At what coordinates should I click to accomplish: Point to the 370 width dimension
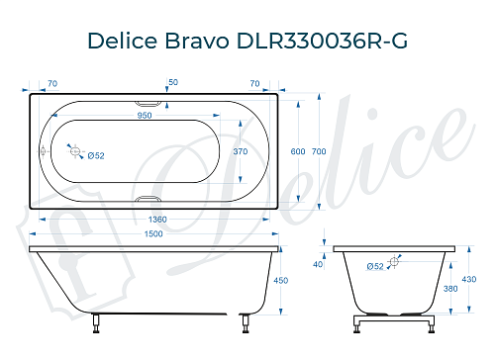[x=240, y=151]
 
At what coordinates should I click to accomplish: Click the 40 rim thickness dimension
[x=318, y=264]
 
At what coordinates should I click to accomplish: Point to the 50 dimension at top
[x=173, y=82]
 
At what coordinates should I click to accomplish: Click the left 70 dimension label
[x=51, y=82]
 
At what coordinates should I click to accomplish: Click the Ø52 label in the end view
[x=375, y=266]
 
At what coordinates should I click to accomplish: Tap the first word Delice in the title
[x=123, y=41]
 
